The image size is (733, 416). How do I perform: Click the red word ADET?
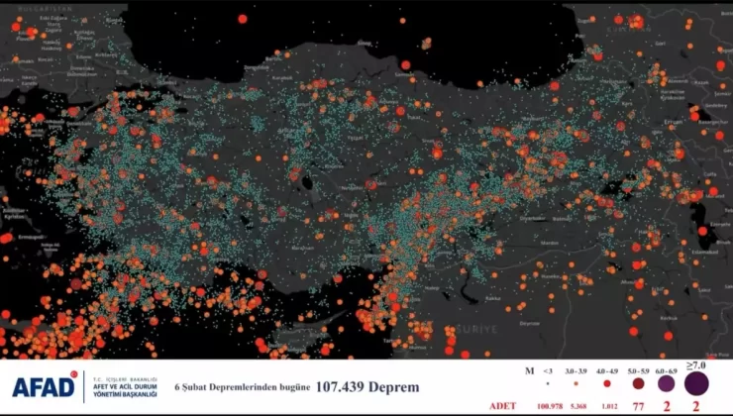(x=502, y=406)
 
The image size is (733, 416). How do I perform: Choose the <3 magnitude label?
(x=547, y=369)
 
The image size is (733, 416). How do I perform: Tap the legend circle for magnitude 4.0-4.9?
(x=606, y=383)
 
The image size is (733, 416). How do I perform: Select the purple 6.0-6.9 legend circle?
(x=666, y=383)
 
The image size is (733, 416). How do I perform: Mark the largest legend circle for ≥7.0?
(x=695, y=383)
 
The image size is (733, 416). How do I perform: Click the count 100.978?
(x=548, y=406)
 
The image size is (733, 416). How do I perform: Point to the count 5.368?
(x=578, y=406)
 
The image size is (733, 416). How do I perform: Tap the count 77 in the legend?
(x=637, y=406)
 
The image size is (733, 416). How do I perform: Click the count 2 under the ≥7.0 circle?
(x=695, y=406)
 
